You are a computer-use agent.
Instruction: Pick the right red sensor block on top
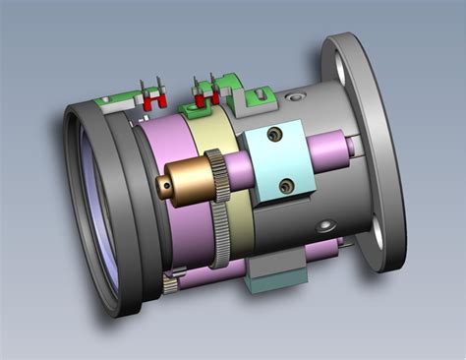[205, 98]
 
